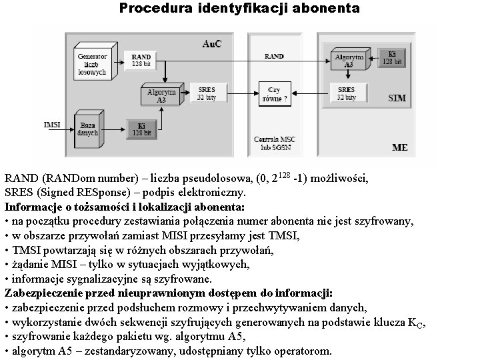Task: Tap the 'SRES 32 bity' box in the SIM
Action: [x=346, y=93]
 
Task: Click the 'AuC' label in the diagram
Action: [x=213, y=43]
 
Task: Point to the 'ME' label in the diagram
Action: [x=399, y=146]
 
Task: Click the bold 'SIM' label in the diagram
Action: [x=397, y=98]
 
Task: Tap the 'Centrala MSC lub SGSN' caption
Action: [x=274, y=142]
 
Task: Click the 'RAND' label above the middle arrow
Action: [x=274, y=57]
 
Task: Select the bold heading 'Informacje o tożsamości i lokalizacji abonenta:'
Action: [x=125, y=207]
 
